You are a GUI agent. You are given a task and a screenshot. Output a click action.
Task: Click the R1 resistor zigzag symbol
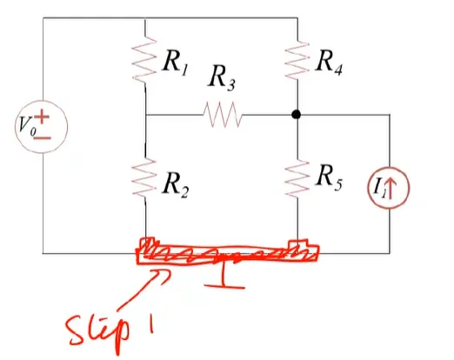point(144,59)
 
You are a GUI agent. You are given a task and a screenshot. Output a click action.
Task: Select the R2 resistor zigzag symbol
point(144,177)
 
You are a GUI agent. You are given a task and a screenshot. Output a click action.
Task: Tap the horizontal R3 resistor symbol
point(223,115)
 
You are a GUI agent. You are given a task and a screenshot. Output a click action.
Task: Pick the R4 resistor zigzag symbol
point(297,60)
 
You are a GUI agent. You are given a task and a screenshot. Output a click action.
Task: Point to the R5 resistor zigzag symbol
point(297,178)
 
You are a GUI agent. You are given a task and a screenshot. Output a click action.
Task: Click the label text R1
point(176,62)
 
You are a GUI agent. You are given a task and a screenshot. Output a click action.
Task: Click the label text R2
point(176,184)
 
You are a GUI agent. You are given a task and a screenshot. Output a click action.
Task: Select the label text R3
point(222,77)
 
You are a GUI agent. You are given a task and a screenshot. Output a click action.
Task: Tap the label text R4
point(329,62)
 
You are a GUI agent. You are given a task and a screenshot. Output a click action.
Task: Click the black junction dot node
point(296,115)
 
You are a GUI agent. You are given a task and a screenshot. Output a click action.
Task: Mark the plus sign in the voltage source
point(43,117)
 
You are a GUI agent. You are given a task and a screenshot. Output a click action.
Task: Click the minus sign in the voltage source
point(43,138)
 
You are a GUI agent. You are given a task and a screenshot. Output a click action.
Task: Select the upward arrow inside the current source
point(390,189)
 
